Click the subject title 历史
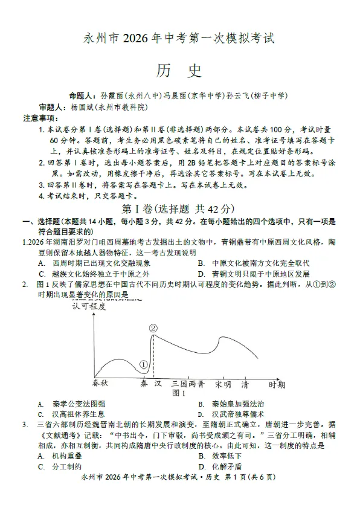[179, 71]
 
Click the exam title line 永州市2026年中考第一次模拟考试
[179, 39]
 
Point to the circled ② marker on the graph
[153, 328]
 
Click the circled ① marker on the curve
[143, 364]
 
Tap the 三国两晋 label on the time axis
[188, 384]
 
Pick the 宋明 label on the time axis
[223, 384]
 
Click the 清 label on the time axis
[245, 384]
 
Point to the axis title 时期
[277, 384]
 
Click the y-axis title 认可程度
[89, 306]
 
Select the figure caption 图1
[179, 393]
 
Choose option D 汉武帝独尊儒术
[233, 414]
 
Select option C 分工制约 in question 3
[60, 466]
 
